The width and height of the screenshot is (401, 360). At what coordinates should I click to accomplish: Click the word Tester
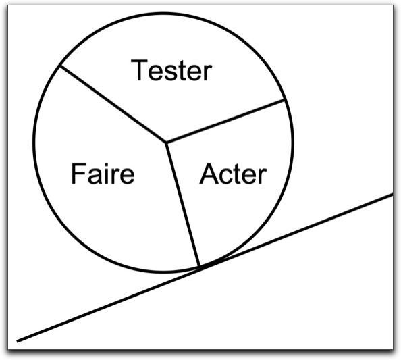(x=171, y=70)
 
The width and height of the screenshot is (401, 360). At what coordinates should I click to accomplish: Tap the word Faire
(x=103, y=173)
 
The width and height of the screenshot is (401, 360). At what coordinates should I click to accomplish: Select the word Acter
(x=233, y=174)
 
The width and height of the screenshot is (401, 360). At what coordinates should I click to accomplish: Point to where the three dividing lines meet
(x=165, y=142)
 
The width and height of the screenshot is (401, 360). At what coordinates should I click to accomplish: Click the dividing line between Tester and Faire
(x=113, y=104)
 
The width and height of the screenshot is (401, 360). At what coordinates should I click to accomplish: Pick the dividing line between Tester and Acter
(x=225, y=121)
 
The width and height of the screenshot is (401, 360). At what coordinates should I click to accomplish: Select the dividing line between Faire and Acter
(x=182, y=204)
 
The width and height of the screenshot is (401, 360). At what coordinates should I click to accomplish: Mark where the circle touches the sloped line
(x=202, y=267)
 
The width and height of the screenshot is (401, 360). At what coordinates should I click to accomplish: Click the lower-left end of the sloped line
(x=17, y=341)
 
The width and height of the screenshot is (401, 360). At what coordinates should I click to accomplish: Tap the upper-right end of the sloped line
(x=392, y=195)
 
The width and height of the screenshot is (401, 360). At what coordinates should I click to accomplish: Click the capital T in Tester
(x=139, y=70)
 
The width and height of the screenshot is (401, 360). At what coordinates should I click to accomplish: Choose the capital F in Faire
(x=78, y=173)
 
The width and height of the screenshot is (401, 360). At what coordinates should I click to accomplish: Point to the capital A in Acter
(x=209, y=174)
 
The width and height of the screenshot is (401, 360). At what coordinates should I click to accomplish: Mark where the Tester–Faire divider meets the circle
(x=60, y=66)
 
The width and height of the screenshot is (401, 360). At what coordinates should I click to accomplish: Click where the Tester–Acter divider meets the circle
(x=284, y=100)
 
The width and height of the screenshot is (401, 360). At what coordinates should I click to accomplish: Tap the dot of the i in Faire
(x=106, y=165)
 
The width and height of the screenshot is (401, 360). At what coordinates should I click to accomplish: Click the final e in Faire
(x=127, y=176)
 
